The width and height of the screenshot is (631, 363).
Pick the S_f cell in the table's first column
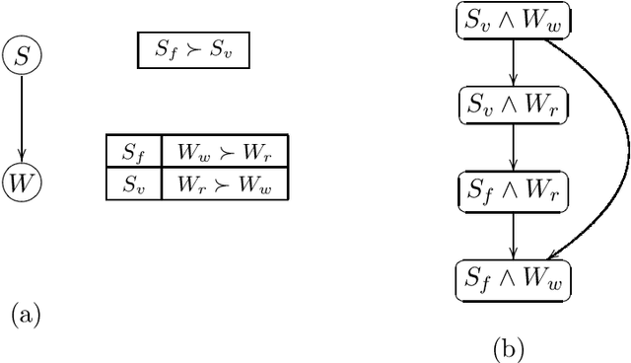coord(133,152)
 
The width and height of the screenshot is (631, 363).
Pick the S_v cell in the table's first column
coord(133,184)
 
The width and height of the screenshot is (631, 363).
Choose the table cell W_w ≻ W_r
coord(224,152)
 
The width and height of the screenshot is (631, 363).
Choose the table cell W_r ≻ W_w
coord(224,184)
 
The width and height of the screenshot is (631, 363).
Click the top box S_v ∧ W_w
coord(514,21)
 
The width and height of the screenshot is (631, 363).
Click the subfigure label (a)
coord(26,315)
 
